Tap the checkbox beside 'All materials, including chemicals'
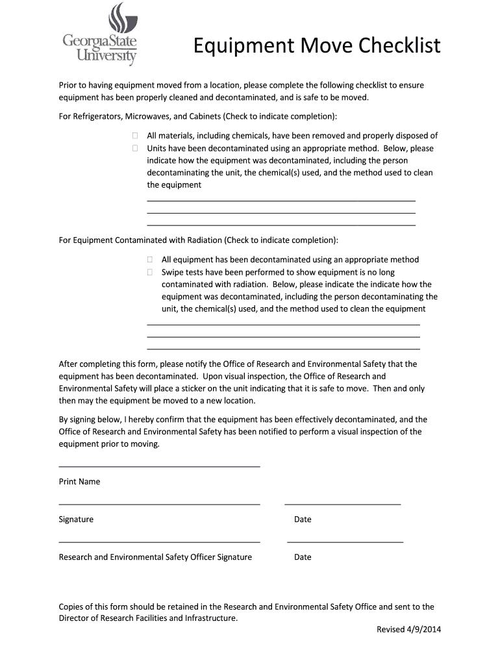[134, 136]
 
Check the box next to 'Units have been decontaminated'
[134, 148]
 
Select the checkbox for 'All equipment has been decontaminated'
[149, 260]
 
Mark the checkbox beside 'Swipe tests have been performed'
[149, 272]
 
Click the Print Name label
[79, 482]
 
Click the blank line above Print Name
[159, 466]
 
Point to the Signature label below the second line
[76, 520]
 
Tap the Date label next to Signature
[303, 520]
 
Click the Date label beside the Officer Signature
[303, 557]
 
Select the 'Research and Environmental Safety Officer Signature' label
[155, 557]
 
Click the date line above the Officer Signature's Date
[345, 541]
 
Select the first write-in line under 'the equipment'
[281, 201]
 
